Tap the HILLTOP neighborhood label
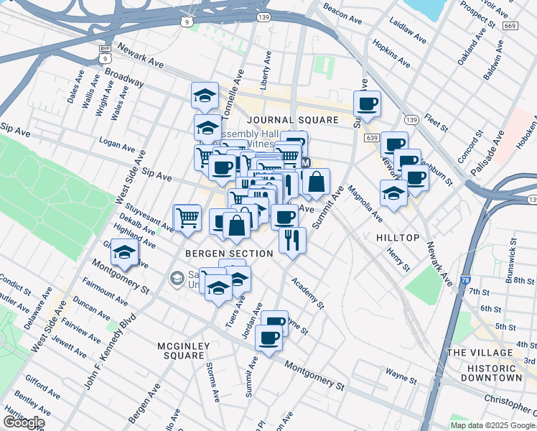[397, 237]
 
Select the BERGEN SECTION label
[229, 254]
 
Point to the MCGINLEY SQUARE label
[183, 351]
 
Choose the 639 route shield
[370, 137]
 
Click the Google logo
[23, 422]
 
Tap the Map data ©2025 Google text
[492, 425]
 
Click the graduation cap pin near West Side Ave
[125, 253]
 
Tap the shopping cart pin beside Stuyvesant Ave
[187, 217]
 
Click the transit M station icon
[307, 163]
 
